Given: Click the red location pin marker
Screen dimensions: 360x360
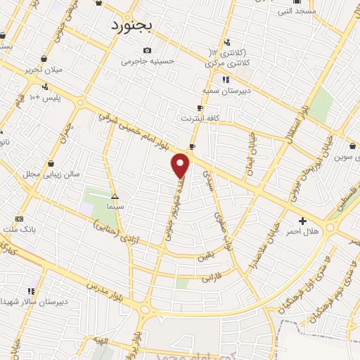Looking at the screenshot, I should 181,165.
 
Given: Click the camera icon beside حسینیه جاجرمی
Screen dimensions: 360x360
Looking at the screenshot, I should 147,50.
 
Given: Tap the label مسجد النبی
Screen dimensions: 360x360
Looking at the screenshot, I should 295,11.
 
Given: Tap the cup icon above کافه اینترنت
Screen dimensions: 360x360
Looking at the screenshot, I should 200,108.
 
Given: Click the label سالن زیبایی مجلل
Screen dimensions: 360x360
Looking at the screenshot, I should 51,173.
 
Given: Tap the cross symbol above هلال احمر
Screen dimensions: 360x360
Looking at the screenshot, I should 303,220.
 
